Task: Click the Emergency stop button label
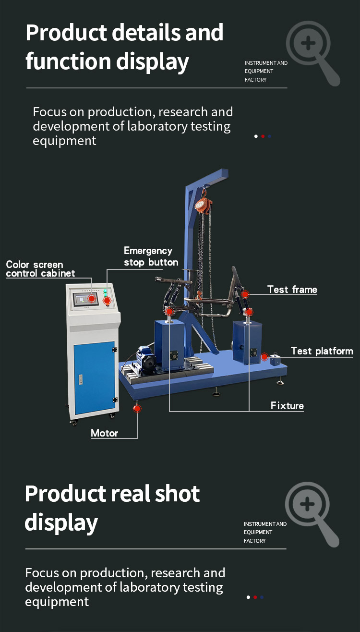[151, 256]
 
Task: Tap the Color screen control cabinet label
[40, 269]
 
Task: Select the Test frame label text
[292, 289]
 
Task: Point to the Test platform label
[322, 351]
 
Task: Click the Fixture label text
[287, 406]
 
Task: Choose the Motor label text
[105, 433]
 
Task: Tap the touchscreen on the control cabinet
[84, 299]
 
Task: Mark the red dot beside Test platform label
[264, 357]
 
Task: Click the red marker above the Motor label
[137, 409]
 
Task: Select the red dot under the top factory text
[263, 136]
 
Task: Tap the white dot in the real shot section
[248, 597]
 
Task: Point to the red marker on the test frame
[245, 294]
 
